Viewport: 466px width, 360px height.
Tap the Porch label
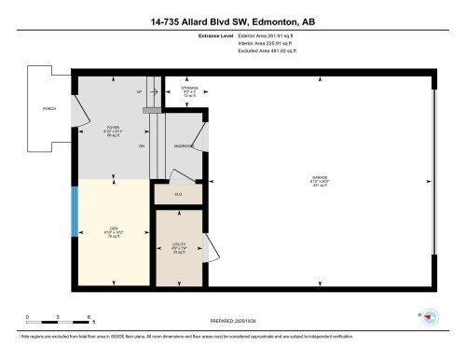pos(48,109)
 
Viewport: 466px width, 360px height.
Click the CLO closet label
pos(178,194)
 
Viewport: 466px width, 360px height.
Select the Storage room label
pos(189,90)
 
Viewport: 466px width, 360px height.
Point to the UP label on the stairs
pos(139,92)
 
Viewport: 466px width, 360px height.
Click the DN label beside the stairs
pos(142,146)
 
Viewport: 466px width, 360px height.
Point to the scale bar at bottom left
pos(58,324)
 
